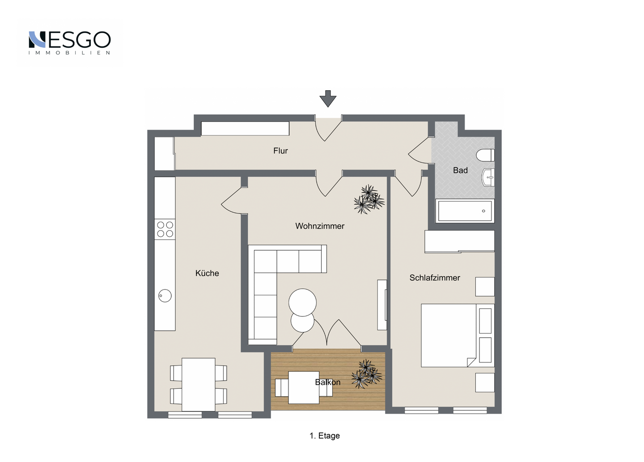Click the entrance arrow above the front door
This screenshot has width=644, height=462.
pyautogui.click(x=328, y=99)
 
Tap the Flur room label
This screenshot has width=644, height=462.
pyautogui.click(x=280, y=151)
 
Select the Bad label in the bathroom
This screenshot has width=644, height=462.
pyautogui.click(x=460, y=170)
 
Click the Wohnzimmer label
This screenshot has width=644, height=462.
pyautogui.click(x=320, y=226)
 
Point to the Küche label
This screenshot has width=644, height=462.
pyautogui.click(x=207, y=273)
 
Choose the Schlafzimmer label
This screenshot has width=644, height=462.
pyautogui.click(x=435, y=278)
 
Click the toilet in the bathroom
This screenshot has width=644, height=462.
pyautogui.click(x=485, y=155)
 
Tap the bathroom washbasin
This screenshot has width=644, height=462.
pyautogui.click(x=488, y=177)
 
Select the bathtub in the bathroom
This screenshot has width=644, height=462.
pyautogui.click(x=465, y=211)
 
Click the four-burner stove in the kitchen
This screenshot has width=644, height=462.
pyautogui.click(x=165, y=229)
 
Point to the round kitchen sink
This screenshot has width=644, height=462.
pyautogui.click(x=165, y=296)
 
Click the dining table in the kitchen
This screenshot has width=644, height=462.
pyautogui.click(x=199, y=384)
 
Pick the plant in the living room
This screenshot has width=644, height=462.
pyautogui.click(x=369, y=199)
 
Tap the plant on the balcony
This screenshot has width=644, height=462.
pyautogui.click(x=367, y=374)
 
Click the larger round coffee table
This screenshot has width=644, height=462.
pyautogui.click(x=302, y=302)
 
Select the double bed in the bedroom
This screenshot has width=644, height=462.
pyautogui.click(x=458, y=335)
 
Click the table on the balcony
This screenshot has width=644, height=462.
pyautogui.click(x=304, y=387)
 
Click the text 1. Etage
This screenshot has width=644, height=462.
pyautogui.click(x=325, y=436)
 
